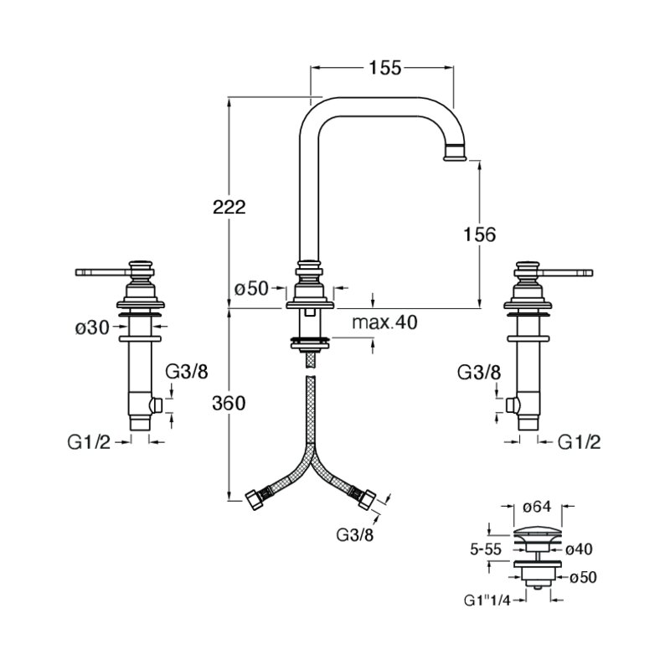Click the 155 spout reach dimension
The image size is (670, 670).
(385, 68)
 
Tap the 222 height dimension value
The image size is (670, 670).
(229, 207)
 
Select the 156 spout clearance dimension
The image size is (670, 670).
(480, 234)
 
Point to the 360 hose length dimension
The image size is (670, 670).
(229, 404)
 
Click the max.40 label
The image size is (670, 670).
(384, 322)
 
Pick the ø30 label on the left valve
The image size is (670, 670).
(92, 328)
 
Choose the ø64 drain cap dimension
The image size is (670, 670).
(537, 507)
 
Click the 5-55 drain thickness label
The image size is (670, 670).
(486, 549)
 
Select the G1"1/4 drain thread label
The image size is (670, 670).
(487, 600)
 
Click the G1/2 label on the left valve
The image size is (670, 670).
(89, 443)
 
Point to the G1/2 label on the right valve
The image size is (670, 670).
(580, 443)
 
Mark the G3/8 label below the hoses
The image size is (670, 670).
(355, 535)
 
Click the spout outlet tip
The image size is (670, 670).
(456, 158)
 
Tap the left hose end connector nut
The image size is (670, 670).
(254, 499)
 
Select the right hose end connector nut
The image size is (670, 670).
(366, 499)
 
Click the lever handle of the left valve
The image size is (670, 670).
(102, 271)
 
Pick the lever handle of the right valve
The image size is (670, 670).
(566, 271)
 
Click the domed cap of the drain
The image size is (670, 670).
(537, 533)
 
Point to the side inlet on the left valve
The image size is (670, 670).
(157, 405)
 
